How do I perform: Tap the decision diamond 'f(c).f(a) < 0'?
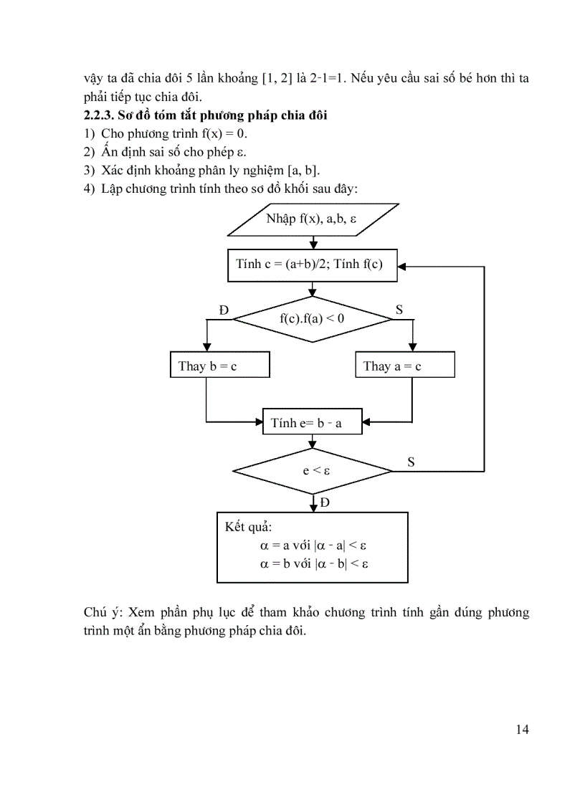313,318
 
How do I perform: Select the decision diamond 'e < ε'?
313,471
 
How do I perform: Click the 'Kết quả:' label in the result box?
244,527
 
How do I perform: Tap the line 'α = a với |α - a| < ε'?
314,546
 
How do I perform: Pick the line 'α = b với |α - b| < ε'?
314,563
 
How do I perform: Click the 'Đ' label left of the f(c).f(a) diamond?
224,310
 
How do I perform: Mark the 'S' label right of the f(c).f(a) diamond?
399,310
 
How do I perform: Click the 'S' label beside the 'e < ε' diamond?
411,462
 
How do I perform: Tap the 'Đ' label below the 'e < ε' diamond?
325,502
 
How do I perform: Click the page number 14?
522,730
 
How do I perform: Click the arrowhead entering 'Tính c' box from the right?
402,265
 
